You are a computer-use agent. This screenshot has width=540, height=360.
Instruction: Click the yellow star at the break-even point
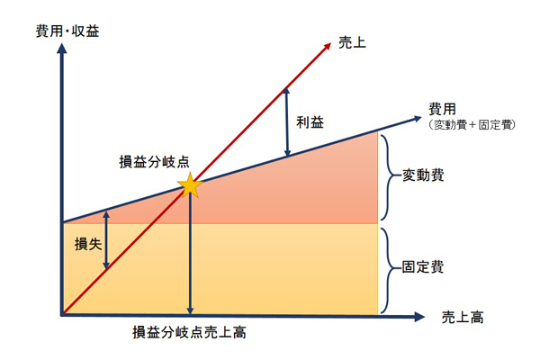click(x=190, y=185)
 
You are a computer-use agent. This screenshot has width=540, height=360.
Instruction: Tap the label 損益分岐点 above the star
click(x=155, y=163)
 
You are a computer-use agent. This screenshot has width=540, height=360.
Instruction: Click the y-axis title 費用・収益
click(x=67, y=30)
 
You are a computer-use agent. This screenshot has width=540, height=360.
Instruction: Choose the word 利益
click(x=309, y=121)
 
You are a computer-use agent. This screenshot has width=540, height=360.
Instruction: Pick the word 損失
click(x=87, y=244)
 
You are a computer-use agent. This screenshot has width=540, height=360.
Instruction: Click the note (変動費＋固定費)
click(x=470, y=124)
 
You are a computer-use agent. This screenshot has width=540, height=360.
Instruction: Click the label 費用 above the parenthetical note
click(x=441, y=108)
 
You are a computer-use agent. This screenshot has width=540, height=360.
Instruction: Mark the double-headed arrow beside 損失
click(x=106, y=240)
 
